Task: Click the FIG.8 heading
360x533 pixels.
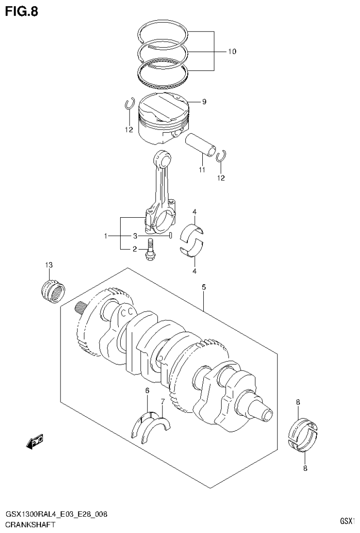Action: pos(22,11)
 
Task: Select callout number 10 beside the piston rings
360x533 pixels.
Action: pos(232,52)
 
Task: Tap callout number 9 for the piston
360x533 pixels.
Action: pos(204,101)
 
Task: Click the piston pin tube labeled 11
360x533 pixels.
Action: pos(201,145)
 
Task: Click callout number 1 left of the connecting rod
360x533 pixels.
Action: pos(106,236)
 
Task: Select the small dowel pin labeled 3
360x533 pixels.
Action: pos(171,235)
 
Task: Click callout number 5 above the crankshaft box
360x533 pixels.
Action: pos(204,287)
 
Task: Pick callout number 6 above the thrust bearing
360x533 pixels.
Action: pos(147,391)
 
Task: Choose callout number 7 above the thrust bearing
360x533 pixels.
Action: pos(162,402)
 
